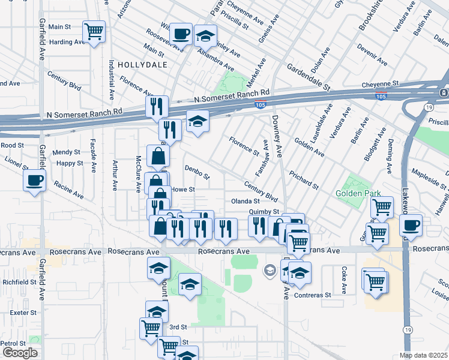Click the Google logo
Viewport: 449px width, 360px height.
pos(19,353)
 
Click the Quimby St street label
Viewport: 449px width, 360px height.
pos(264,212)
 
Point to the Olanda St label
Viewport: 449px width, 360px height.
pos(245,201)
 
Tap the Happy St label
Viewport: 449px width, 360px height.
pos(70,163)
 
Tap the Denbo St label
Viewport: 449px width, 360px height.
pos(197,173)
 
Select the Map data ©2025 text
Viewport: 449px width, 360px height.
pos(423,355)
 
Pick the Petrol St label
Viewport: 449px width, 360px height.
pos(13,343)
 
